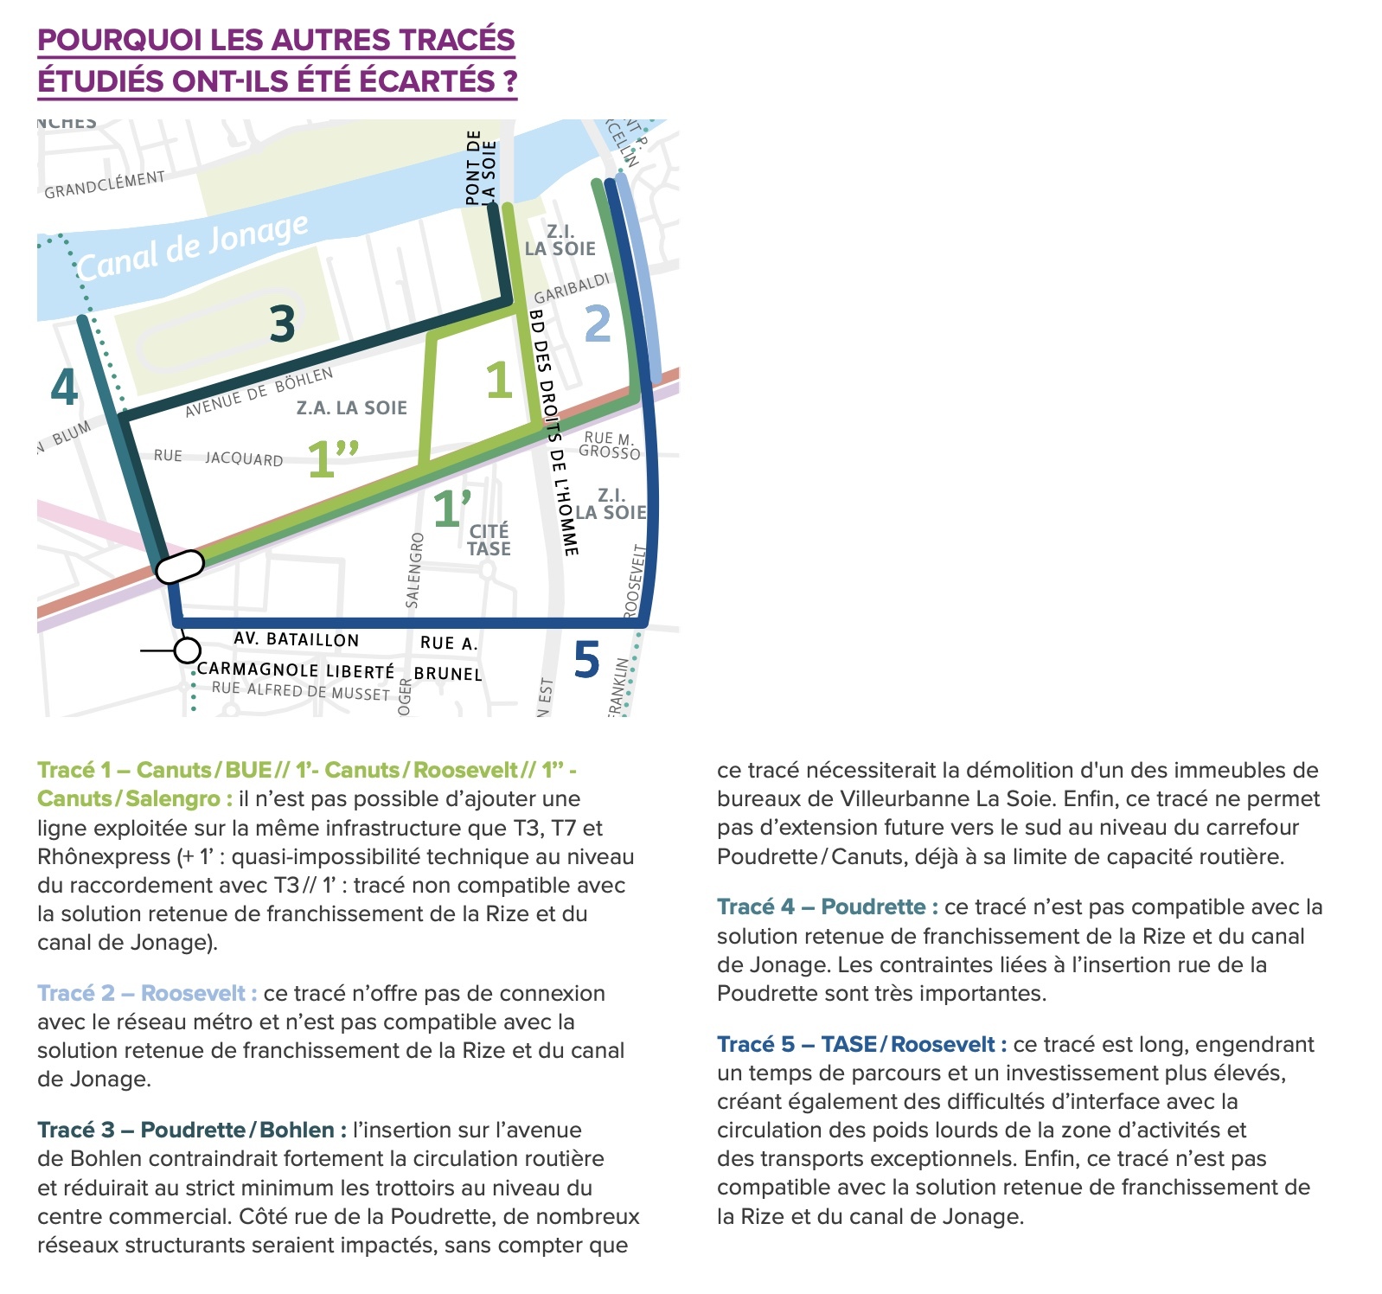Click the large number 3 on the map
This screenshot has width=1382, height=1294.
click(x=282, y=323)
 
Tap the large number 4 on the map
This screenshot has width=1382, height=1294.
click(x=64, y=387)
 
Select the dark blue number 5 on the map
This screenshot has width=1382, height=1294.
click(x=586, y=660)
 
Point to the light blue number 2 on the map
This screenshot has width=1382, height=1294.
click(x=598, y=323)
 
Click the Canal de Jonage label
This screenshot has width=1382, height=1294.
click(x=192, y=247)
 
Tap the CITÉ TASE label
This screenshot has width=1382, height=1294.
click(x=489, y=540)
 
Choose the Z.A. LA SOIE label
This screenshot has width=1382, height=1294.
click(x=351, y=407)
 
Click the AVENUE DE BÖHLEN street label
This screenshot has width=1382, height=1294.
click(x=259, y=392)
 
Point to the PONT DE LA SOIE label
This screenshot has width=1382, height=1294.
click(x=482, y=168)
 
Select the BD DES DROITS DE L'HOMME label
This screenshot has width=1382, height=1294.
click(x=553, y=432)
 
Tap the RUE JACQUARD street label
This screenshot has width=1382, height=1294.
click(x=219, y=458)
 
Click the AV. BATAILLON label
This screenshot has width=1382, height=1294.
click(x=296, y=639)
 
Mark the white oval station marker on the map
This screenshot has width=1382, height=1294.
click(x=179, y=566)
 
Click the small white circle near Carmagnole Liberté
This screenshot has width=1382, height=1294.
click(x=187, y=650)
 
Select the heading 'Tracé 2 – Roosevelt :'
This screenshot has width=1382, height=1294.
click(x=147, y=993)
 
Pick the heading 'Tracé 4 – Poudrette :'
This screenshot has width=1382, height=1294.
click(x=827, y=906)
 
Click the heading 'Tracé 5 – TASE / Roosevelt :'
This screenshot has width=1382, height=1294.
click(x=861, y=1044)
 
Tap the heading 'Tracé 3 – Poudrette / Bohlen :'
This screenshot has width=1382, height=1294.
click(x=192, y=1130)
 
